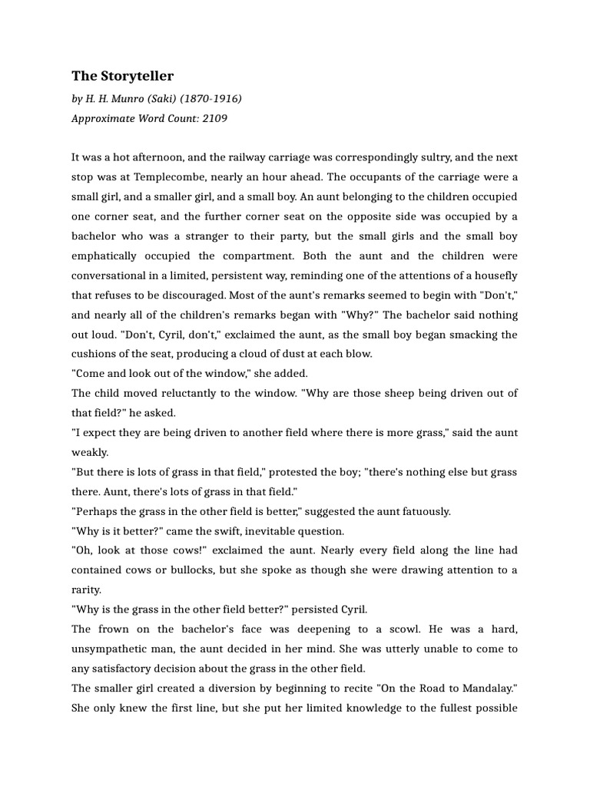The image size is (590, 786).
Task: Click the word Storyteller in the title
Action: (135, 76)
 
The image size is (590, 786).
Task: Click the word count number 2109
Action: (215, 118)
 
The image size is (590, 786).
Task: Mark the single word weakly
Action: (90, 452)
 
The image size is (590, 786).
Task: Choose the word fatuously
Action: (421, 511)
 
